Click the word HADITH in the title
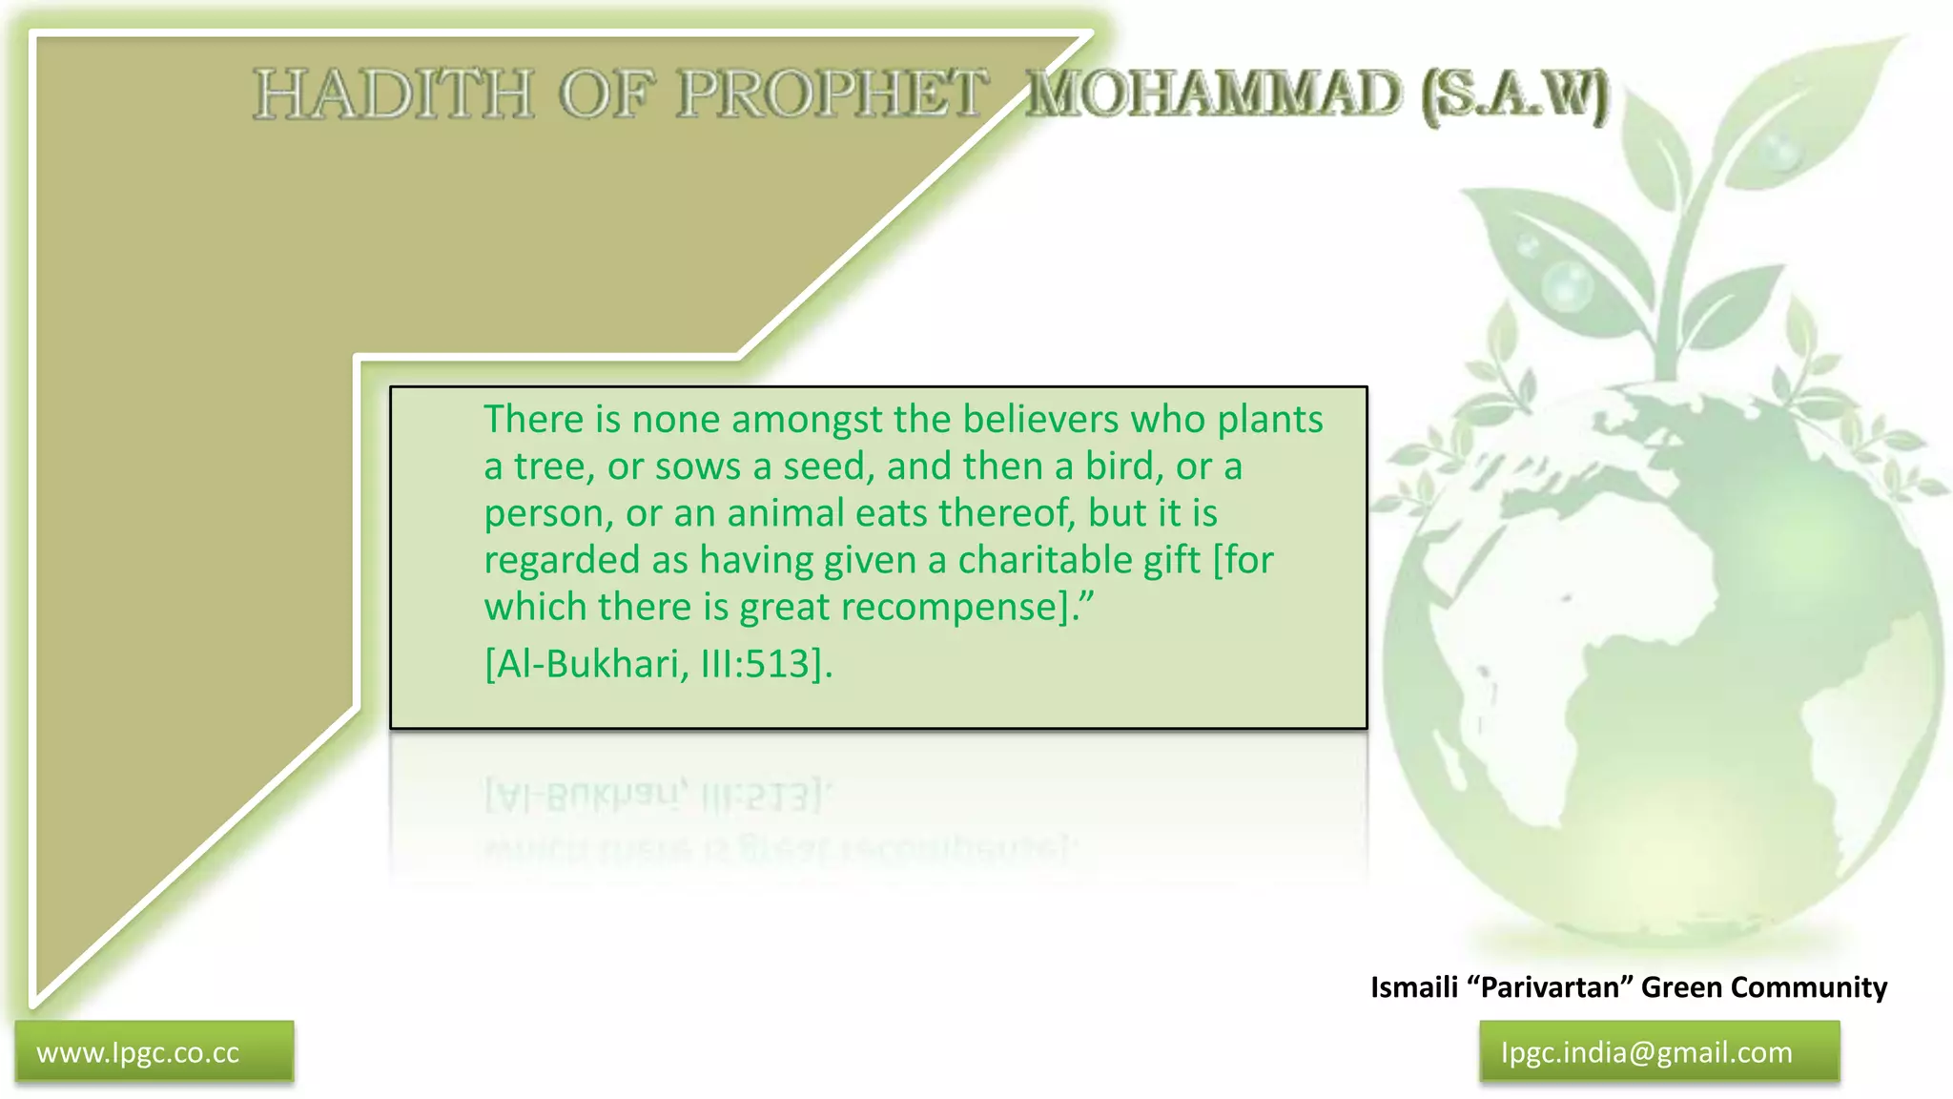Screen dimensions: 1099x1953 pyautogui.click(x=393, y=94)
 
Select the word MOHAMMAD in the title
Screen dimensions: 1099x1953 pyautogui.click(x=1214, y=94)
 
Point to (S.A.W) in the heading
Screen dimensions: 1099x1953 pyautogui.click(x=1515, y=96)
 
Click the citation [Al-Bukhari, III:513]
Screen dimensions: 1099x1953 pyautogui.click(x=658, y=663)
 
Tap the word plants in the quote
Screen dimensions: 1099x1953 pyautogui.click(x=1270, y=420)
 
